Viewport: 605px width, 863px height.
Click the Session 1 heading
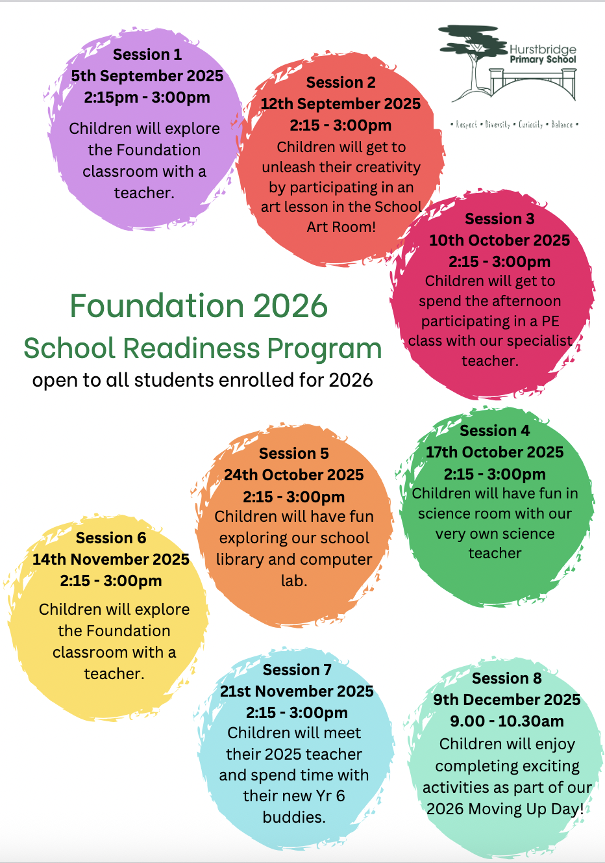pos(147,55)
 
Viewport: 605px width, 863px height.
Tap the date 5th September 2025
pos(147,76)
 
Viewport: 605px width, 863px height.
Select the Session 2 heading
pos(341,83)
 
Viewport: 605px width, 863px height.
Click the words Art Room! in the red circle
pos(341,227)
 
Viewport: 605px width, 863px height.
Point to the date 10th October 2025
pos(499,240)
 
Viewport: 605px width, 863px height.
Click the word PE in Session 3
pos(550,321)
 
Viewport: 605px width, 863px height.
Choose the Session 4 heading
pos(495,431)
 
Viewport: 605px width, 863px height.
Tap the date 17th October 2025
pos(495,452)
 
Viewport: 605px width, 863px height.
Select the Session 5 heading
pos(294,454)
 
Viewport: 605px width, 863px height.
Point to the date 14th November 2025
pos(111,560)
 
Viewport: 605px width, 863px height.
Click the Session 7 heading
pos(297,670)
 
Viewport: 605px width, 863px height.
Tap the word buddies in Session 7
pos(293,817)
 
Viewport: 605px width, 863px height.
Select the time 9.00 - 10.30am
pos(507,721)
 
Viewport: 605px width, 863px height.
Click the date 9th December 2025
pos(507,700)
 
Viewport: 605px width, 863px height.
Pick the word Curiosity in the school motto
pos(530,124)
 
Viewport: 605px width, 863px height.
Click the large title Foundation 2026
pos(199,306)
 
